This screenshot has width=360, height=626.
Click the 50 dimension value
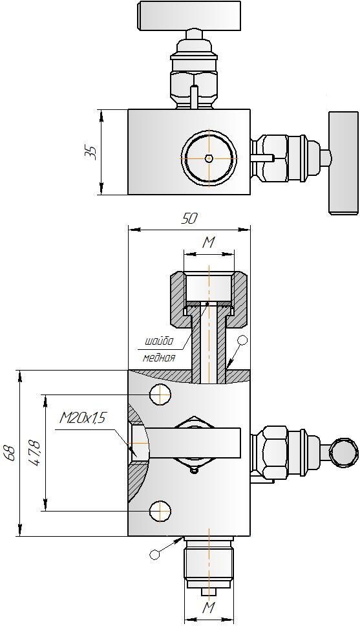click(x=189, y=219)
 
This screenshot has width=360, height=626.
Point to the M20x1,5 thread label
click(x=82, y=418)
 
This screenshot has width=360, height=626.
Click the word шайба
click(x=159, y=341)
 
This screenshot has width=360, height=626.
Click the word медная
click(x=159, y=358)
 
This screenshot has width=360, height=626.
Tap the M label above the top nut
click(x=208, y=243)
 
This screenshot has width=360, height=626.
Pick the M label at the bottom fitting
click(x=209, y=608)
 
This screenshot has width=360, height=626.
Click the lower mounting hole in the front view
click(x=160, y=511)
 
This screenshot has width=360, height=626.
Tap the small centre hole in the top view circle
click(x=209, y=158)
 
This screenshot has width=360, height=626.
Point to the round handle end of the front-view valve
click(x=344, y=452)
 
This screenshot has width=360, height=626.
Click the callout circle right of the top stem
click(x=242, y=341)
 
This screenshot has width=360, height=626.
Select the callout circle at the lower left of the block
click(x=154, y=554)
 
